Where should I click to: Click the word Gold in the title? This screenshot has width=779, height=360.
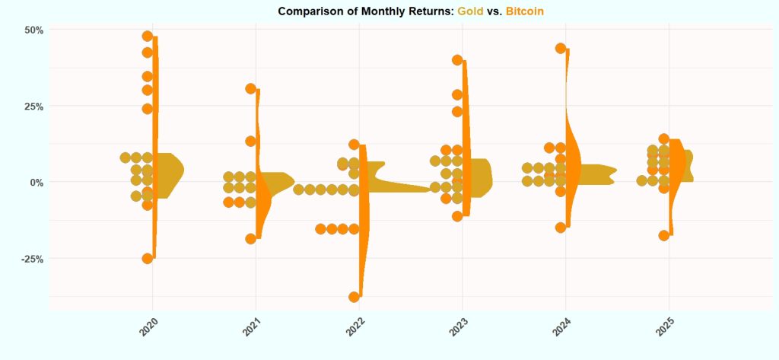[471, 11]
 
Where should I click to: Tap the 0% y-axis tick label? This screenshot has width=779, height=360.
[35, 182]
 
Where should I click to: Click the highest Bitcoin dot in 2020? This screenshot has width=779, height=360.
[148, 36]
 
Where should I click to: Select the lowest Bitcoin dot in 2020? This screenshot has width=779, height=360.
[148, 259]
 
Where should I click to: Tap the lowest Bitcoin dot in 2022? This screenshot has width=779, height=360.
[354, 297]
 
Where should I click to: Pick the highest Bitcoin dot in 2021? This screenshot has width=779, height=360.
[250, 88]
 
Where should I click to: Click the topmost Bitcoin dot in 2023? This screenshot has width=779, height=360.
[457, 59]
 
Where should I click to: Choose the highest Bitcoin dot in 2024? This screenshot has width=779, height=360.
[561, 48]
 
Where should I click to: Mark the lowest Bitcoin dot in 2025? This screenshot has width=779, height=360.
[663, 235]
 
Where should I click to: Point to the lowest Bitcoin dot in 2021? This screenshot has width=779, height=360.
[250, 238]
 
